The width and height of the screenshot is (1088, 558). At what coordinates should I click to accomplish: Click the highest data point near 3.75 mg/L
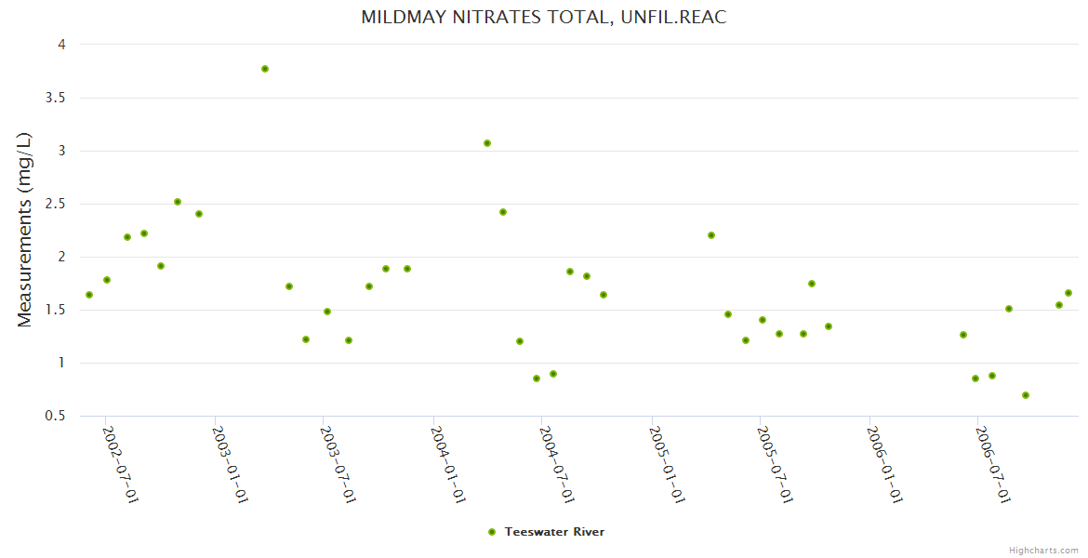click(x=265, y=69)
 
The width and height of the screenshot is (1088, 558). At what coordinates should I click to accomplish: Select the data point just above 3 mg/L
click(x=487, y=143)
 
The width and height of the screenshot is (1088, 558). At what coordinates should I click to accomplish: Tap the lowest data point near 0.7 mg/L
click(x=1026, y=395)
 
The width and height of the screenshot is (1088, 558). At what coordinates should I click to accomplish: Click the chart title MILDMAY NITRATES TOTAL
click(x=543, y=17)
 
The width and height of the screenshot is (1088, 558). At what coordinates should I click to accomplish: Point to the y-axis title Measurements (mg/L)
click(x=25, y=230)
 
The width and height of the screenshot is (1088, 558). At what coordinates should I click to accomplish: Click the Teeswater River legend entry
click(x=554, y=532)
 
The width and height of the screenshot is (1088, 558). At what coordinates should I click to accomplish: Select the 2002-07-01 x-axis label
click(x=120, y=464)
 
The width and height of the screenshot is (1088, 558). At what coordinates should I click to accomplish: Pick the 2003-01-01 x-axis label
click(x=229, y=464)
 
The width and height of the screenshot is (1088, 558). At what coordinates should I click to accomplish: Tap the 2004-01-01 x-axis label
click(x=447, y=464)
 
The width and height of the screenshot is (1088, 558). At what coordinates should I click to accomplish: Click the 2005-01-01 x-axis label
click(x=666, y=464)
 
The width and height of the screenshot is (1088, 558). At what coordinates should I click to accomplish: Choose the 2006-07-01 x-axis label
click(x=992, y=464)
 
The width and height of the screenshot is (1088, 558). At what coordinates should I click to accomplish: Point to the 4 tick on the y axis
click(x=60, y=45)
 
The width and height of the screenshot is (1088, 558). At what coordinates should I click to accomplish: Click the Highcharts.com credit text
click(x=1043, y=550)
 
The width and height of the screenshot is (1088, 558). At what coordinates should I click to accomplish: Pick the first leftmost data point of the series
click(x=89, y=295)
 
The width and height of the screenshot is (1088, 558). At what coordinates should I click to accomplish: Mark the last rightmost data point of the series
click(x=1068, y=293)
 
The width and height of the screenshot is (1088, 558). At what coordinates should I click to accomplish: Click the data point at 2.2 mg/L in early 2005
click(x=711, y=235)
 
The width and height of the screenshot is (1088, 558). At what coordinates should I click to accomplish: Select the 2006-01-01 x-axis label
click(x=883, y=464)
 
